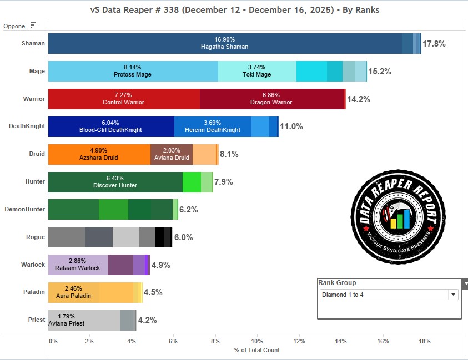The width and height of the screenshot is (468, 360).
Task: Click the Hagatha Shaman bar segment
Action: (x=224, y=43)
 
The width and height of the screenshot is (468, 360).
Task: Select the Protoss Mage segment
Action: (x=133, y=71)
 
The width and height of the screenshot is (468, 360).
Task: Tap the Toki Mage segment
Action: (x=256, y=71)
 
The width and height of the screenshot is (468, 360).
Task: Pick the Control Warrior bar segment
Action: (x=123, y=99)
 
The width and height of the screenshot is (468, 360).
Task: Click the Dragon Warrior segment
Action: (x=271, y=99)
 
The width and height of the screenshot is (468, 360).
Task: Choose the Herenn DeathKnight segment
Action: (x=213, y=126)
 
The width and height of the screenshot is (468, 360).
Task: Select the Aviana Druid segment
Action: (x=171, y=154)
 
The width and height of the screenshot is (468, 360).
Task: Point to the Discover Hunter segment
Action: (x=115, y=182)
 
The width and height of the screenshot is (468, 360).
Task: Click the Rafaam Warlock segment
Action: (x=78, y=265)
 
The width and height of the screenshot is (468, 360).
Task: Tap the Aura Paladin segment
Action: (x=73, y=292)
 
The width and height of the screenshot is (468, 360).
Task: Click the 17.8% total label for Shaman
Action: (x=434, y=44)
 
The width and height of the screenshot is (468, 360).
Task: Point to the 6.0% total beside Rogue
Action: (x=184, y=237)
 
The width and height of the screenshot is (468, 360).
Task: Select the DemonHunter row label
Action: (x=24, y=209)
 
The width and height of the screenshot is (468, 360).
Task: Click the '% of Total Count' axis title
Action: (x=257, y=350)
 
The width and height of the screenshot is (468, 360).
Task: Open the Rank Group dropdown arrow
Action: (x=453, y=295)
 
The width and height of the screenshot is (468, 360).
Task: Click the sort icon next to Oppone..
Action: (x=33, y=25)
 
